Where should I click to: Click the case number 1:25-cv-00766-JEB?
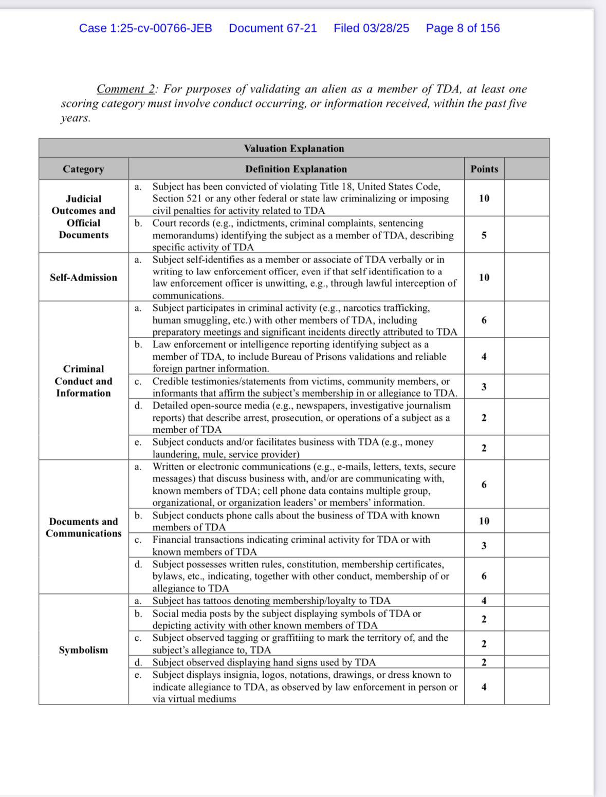coord(145,28)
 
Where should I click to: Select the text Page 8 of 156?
coord(463,28)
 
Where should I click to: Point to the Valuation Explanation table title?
coord(294,149)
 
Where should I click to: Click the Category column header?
coord(83,169)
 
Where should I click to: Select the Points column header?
coord(484,169)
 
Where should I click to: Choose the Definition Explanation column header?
coord(296,169)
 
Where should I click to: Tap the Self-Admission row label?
coord(83,277)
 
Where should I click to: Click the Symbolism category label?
coord(83,650)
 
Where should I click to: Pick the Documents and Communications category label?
coord(83,527)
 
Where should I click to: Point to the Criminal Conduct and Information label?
coord(83,381)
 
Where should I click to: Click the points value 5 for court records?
coord(484,235)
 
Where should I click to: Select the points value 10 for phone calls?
coord(484,521)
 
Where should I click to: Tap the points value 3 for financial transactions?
coord(484,546)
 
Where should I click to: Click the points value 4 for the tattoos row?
coord(484,600)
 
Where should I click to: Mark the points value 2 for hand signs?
coord(484,662)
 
